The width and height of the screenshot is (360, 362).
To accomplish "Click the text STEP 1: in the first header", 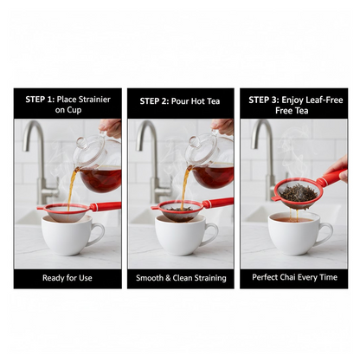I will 39,99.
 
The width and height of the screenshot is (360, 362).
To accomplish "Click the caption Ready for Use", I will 67,277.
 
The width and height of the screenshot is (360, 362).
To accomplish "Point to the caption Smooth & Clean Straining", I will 180,277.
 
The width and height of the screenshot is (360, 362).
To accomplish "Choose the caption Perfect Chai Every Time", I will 293,277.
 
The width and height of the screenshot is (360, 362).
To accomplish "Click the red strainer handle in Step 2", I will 217,203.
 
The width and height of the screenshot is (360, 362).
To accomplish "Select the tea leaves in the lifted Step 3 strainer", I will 298,192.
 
